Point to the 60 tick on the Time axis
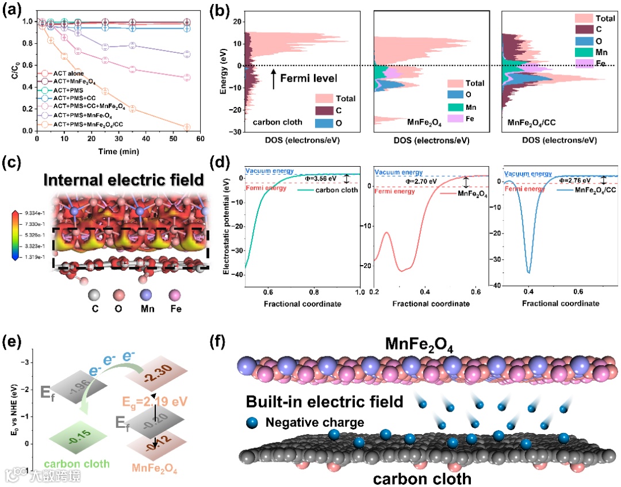click(x=200, y=139)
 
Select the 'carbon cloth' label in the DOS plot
click(x=274, y=122)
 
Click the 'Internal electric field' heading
click(x=123, y=179)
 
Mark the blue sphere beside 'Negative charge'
click(x=254, y=423)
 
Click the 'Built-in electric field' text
click(x=324, y=401)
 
